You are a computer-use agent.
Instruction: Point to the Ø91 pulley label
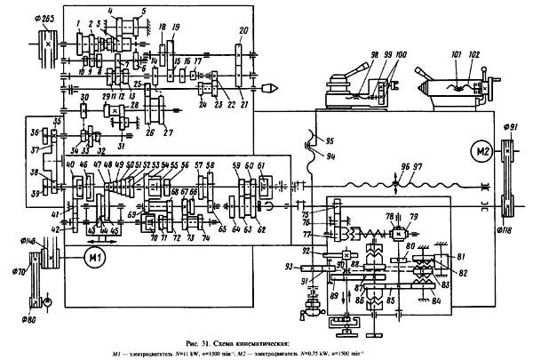510,126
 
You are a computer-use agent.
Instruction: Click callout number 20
242,30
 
